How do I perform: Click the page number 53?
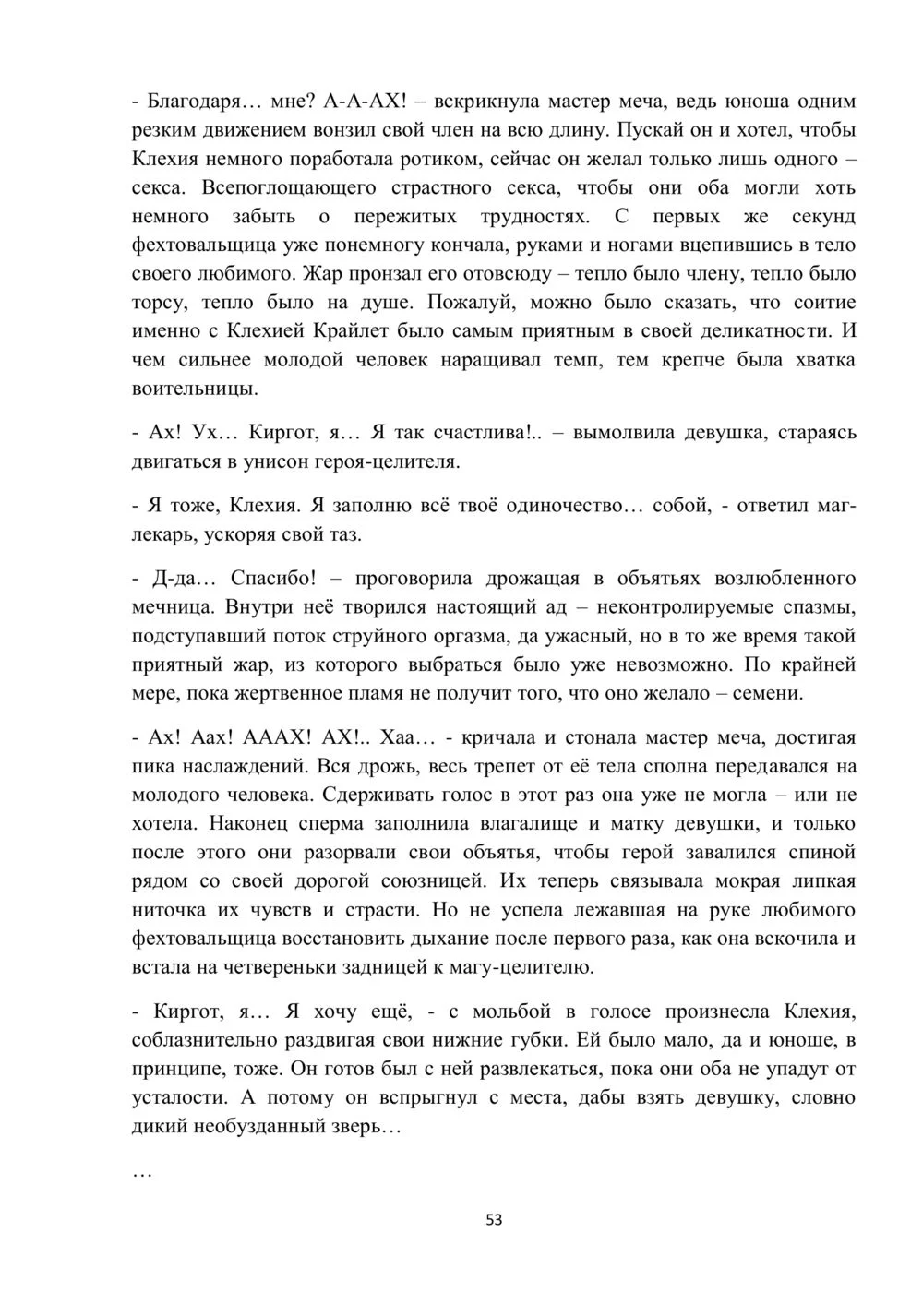[494, 1220]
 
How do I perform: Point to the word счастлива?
[485, 433]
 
